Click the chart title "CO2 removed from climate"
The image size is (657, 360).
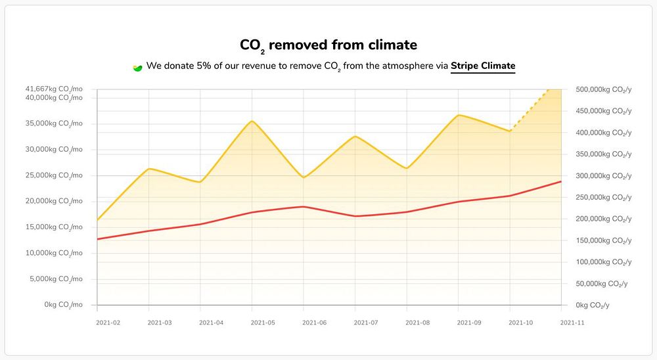coord(328,45)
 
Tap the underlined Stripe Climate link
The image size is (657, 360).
coord(483,66)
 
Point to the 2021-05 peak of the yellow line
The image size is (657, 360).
coord(252,121)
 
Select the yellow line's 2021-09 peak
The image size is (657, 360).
coord(459,115)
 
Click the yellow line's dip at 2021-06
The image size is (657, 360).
coord(304,177)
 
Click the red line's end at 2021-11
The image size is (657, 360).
coord(561,181)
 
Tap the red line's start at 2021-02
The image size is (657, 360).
coord(97,238)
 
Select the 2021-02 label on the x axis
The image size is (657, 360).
coord(108,323)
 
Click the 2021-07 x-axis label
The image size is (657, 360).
coord(365,323)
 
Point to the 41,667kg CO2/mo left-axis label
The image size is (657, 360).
coord(55,89)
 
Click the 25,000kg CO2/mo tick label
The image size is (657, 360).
coord(55,175)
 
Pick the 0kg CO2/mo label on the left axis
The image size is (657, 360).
coord(64,305)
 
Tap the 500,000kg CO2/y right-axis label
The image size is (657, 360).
coord(603,89)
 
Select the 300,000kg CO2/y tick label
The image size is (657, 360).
coord(603,175)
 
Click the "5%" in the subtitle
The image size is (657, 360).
coord(204,66)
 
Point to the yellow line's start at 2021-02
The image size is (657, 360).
coord(97,220)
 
